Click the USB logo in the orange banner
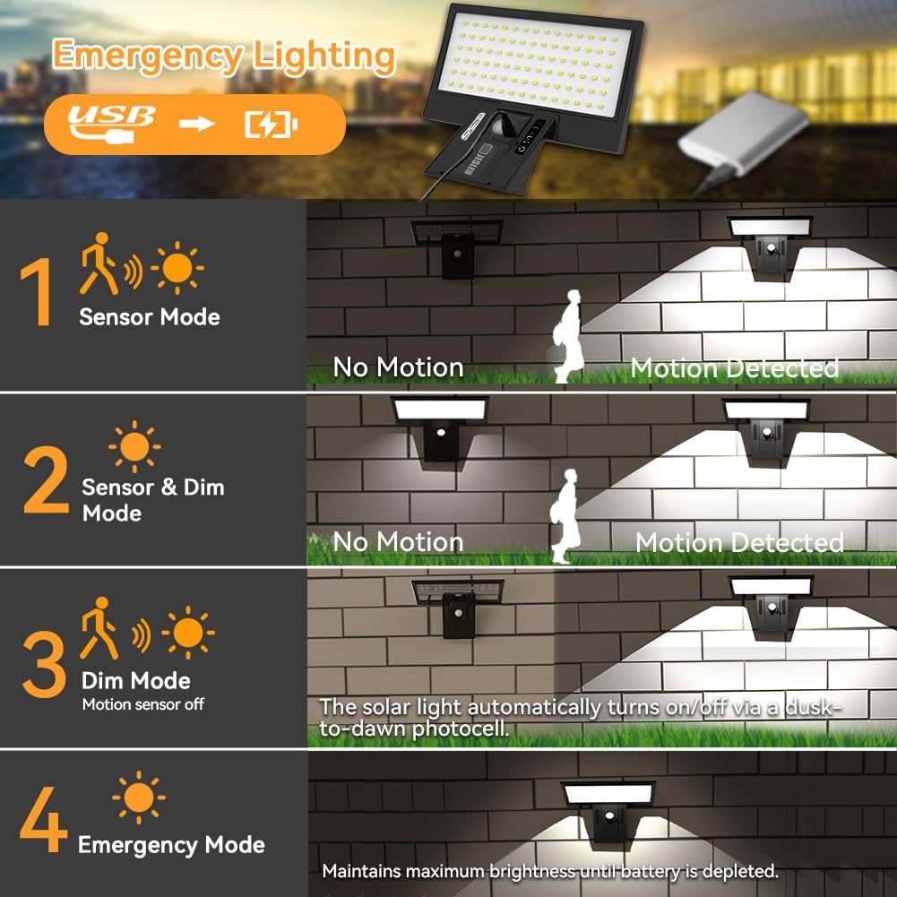tap(111, 124)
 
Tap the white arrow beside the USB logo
tap(197, 124)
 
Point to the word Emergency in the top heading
tap(148, 57)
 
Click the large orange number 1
tap(37, 292)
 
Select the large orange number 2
tap(46, 479)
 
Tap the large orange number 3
tap(45, 664)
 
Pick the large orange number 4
tap(44, 819)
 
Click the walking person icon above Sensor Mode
tap(99, 263)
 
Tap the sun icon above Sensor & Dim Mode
tap(134, 447)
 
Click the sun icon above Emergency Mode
tap(138, 798)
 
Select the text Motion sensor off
tap(143, 704)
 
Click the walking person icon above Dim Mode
tap(99, 628)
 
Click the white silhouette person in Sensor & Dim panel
tap(565, 516)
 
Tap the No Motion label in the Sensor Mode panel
tap(398, 367)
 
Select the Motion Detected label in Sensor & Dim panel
tap(739, 542)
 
